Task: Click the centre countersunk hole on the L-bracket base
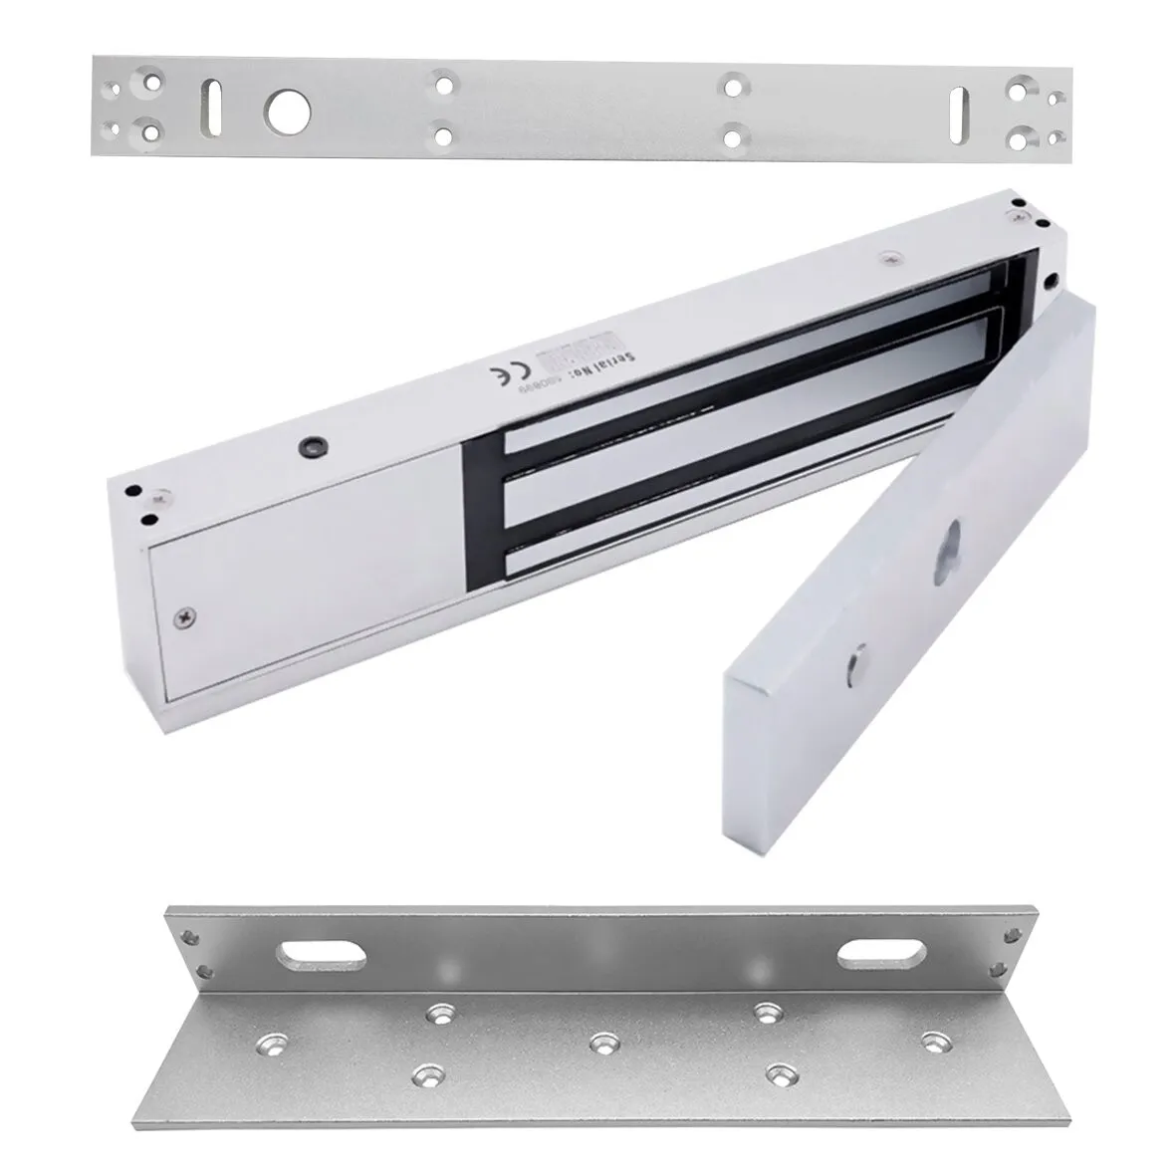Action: point(599,1044)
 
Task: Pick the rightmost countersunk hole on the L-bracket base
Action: point(932,1040)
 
